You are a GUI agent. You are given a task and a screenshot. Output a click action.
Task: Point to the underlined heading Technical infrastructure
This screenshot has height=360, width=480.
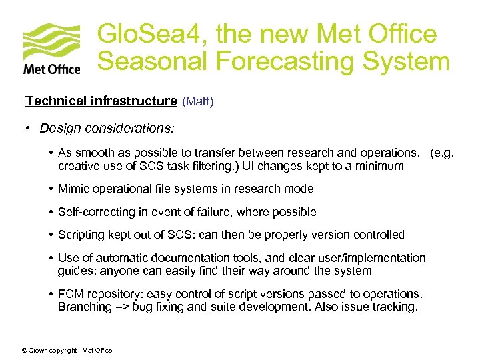tap(101, 101)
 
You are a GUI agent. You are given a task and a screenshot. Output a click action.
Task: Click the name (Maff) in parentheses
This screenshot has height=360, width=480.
tap(198, 102)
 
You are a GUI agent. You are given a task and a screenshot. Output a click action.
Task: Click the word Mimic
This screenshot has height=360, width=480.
tap(73, 189)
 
